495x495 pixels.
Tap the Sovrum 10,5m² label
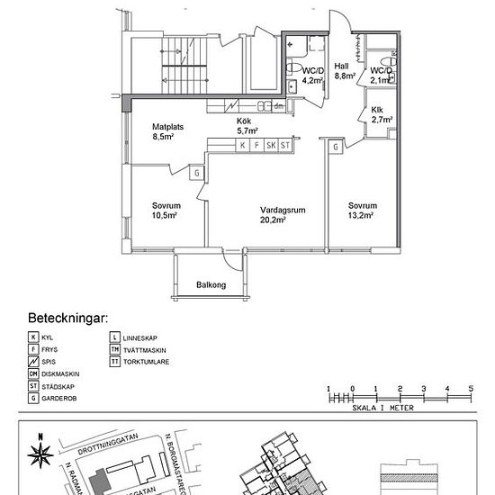(165, 211)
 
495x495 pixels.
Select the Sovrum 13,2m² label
(362, 209)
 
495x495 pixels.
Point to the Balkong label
(211, 285)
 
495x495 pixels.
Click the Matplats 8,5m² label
(167, 132)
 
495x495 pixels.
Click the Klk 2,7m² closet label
(377, 114)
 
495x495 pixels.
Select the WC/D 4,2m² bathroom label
(312, 75)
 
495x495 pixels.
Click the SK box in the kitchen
(270, 145)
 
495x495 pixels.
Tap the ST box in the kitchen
(285, 145)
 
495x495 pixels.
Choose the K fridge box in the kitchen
(242, 145)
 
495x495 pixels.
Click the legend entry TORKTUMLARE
(145, 361)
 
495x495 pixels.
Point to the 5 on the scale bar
(470, 389)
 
